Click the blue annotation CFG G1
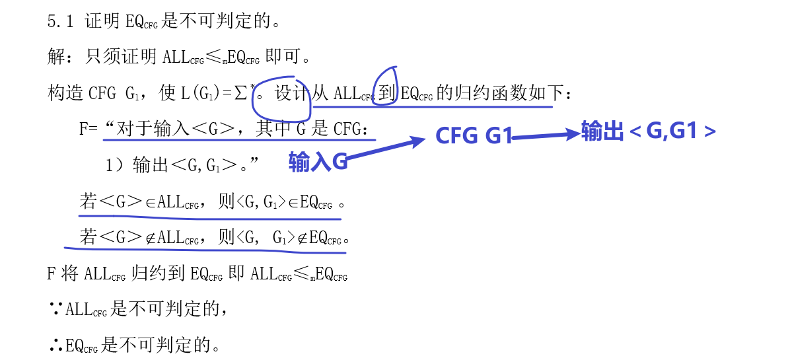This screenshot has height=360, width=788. (x=474, y=135)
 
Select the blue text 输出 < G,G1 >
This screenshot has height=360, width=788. (x=648, y=131)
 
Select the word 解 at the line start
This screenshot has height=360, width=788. (x=56, y=57)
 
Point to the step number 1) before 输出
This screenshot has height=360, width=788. (x=114, y=165)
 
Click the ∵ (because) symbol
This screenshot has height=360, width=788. (x=56, y=308)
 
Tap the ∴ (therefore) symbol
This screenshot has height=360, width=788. (x=56, y=344)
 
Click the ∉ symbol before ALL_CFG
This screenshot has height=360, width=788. (x=151, y=238)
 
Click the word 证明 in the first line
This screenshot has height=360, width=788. (x=102, y=22)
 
